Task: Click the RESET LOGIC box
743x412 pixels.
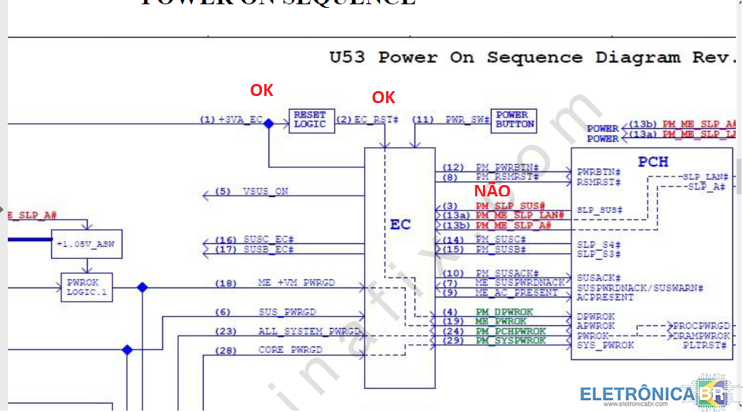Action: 311,120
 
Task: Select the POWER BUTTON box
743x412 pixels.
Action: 514,120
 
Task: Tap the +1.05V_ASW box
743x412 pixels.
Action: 85,245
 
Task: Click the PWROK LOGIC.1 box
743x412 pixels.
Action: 86,287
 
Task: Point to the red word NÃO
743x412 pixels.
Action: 492,191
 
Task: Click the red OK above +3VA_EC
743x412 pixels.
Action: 261,90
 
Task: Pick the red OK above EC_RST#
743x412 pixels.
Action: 383,97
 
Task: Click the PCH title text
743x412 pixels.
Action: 653,162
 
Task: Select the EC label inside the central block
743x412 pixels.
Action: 400,225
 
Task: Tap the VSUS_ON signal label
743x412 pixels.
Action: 266,191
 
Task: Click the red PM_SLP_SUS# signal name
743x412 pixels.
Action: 510,206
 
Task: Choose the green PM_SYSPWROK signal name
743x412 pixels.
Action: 511,341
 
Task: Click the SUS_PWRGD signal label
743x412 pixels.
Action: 286,312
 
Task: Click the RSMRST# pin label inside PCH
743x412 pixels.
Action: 598,182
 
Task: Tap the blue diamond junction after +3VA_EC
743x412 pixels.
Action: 269,124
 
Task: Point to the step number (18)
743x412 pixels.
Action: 226,283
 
